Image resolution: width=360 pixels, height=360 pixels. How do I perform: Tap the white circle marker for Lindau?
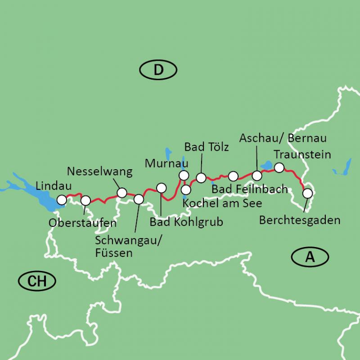(x=62, y=200)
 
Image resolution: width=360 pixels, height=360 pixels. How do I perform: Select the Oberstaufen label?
(x=83, y=223)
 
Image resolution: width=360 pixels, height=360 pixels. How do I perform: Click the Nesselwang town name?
(x=99, y=171)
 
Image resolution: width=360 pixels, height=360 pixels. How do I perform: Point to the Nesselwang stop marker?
(x=121, y=193)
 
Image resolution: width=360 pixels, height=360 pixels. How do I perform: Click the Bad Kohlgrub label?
(x=186, y=222)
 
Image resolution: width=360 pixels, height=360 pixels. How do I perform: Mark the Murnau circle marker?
(x=184, y=175)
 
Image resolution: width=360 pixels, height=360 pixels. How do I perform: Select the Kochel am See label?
(x=223, y=203)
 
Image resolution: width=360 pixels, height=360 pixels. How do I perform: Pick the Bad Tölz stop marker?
(x=201, y=177)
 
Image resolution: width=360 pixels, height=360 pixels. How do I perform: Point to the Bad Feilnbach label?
(x=249, y=189)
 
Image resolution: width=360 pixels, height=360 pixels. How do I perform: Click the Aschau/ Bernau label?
(x=283, y=138)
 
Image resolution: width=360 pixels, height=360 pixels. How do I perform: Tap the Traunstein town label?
(x=302, y=155)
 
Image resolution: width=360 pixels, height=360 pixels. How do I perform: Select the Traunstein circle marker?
(x=279, y=168)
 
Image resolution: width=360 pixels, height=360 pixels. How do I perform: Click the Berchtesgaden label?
(x=300, y=220)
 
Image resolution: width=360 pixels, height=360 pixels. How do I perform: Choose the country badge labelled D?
(x=158, y=70)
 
